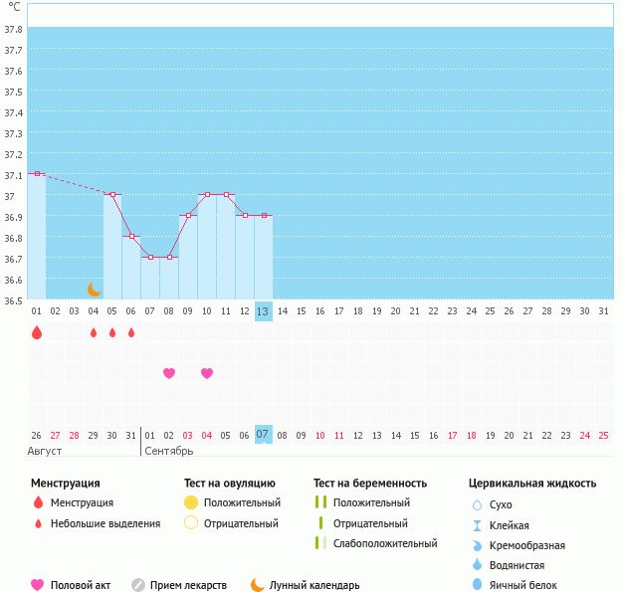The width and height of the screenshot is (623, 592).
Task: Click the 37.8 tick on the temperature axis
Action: pos(14,29)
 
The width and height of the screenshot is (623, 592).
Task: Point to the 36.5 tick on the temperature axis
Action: pos(14,299)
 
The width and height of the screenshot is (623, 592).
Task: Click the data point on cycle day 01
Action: pos(37,173)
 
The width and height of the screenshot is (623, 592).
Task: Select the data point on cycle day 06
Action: pos(131,236)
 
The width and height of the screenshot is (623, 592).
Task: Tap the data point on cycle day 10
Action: pos(207,194)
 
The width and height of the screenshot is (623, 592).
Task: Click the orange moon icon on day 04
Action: pos(95,290)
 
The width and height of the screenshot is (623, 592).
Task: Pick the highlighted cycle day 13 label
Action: pos(263,310)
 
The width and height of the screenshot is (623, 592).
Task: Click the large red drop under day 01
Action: pos(37,332)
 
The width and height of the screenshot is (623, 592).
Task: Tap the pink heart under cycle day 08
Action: pos(169,373)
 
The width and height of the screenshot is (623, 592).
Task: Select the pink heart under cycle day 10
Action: pos(207,373)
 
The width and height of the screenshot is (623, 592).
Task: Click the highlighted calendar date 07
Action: pos(263,435)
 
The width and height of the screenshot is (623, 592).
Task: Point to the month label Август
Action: pos(46,451)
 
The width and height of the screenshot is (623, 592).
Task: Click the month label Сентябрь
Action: pos(169,451)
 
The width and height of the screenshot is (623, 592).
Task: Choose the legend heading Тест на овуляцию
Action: pos(231,484)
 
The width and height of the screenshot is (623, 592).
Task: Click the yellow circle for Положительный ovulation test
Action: pos(191,502)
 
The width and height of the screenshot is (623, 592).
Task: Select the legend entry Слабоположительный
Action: pos(385,543)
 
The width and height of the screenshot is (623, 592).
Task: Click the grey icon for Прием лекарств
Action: pos(138,585)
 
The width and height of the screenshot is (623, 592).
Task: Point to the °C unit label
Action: pos(14,7)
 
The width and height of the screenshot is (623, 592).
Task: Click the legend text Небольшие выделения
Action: pos(105,523)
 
